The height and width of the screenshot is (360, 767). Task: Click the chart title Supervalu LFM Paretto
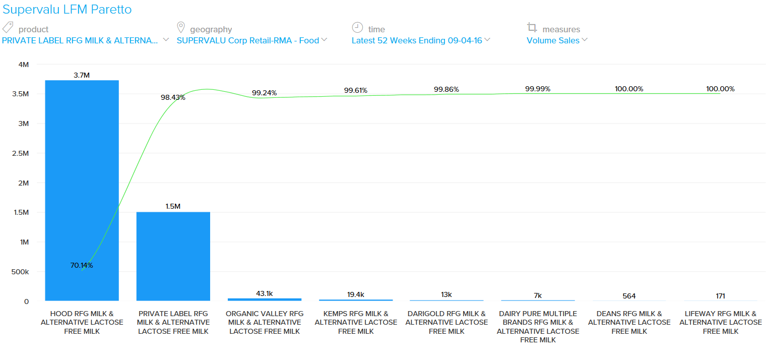pyautogui.click(x=67, y=10)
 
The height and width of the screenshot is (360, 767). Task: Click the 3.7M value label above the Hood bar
pyautogui.click(x=82, y=75)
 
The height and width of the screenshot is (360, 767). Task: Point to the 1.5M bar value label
pyautogui.click(x=173, y=206)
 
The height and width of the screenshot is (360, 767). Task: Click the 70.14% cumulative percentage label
pyautogui.click(x=82, y=265)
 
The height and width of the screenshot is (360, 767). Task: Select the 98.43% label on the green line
pyautogui.click(x=173, y=97)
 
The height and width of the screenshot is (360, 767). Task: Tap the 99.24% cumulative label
pyautogui.click(x=264, y=93)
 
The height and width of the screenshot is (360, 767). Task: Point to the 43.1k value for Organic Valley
pyautogui.click(x=264, y=293)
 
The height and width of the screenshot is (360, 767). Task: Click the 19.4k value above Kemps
pyautogui.click(x=355, y=294)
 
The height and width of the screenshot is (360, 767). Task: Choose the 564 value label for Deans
pyautogui.click(x=629, y=296)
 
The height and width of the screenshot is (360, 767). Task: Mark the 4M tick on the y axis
pyautogui.click(x=24, y=65)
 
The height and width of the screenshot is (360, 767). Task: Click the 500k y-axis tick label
pyautogui.click(x=20, y=272)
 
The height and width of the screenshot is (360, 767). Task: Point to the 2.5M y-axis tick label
pyautogui.click(x=20, y=153)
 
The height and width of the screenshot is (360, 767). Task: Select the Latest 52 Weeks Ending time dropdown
pyautogui.click(x=420, y=41)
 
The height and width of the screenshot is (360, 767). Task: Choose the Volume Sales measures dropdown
pyautogui.click(x=556, y=41)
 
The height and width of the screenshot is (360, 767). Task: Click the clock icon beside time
pyautogui.click(x=357, y=27)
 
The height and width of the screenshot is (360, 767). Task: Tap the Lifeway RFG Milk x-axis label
pyautogui.click(x=720, y=322)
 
